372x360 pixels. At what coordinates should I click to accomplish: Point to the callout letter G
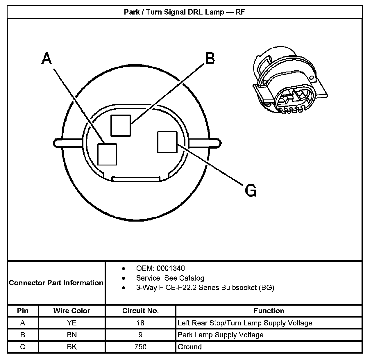tap(251, 191)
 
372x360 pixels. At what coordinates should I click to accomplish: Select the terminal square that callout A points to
tap(107, 154)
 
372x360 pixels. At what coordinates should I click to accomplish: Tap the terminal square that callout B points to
tap(121, 125)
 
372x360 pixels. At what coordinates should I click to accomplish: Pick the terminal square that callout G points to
tap(167, 142)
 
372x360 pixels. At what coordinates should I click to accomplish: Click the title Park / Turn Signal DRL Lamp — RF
tap(185, 12)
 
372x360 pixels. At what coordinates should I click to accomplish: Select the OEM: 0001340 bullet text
tap(160, 268)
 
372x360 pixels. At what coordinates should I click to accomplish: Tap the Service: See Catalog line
tap(170, 278)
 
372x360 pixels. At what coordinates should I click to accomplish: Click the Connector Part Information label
tap(56, 283)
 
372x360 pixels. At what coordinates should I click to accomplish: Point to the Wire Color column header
tap(72, 311)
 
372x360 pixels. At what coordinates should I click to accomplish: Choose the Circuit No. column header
tap(140, 311)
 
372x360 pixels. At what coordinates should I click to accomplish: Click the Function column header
tap(269, 311)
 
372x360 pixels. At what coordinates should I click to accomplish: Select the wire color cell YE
tap(72, 323)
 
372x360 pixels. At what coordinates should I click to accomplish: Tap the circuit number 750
tap(140, 347)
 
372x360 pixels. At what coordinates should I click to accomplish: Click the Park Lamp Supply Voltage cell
tap(221, 335)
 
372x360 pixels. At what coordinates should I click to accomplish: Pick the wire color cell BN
tap(72, 335)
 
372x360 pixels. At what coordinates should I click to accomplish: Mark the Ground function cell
tap(189, 347)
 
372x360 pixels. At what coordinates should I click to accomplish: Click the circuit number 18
tap(140, 323)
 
